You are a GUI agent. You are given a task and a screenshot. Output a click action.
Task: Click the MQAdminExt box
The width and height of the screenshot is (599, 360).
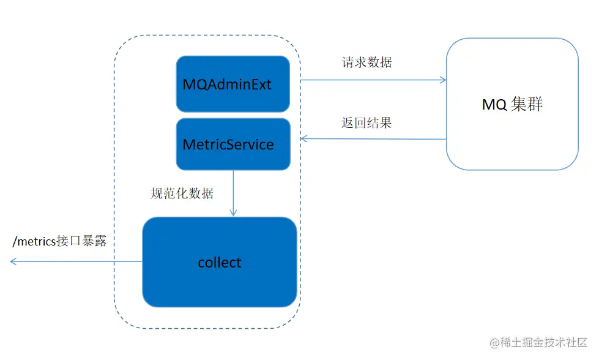[233, 84]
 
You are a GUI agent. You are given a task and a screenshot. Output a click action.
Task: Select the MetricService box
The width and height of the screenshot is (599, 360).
[233, 144]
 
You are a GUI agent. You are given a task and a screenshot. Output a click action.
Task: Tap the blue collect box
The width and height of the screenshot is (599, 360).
[220, 262]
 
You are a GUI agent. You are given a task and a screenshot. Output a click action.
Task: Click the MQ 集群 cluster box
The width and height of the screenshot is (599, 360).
[512, 104]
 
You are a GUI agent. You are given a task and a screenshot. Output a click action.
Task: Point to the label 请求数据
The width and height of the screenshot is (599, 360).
[366, 62]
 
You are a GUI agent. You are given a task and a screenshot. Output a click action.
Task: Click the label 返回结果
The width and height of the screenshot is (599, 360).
[366, 122]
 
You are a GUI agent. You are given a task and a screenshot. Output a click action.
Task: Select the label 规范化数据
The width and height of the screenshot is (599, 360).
[182, 193]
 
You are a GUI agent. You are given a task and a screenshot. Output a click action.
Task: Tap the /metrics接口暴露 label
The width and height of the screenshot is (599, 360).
[59, 241]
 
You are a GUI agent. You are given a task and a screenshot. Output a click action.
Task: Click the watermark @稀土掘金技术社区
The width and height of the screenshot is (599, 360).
[538, 342]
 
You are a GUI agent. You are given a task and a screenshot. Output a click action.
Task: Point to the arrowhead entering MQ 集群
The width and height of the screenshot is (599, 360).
[443, 80]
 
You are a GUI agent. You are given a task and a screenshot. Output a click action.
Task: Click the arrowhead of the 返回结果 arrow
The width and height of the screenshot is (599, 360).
[303, 139]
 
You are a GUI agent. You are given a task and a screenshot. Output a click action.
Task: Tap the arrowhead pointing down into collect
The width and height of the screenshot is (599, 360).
[233, 213]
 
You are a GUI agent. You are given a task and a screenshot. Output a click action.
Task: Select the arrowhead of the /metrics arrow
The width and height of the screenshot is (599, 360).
[13, 261]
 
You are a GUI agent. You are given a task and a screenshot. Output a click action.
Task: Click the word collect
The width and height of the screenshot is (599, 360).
[220, 263]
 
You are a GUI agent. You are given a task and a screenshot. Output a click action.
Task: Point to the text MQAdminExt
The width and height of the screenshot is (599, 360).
[227, 84]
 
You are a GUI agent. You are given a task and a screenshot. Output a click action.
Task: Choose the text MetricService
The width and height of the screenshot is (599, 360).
[228, 144]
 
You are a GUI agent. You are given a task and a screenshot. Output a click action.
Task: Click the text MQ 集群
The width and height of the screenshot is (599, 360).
[512, 104]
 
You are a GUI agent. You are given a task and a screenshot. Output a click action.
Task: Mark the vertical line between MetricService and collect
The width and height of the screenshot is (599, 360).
[233, 193]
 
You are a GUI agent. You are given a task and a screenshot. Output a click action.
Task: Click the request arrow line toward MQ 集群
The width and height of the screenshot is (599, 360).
[373, 80]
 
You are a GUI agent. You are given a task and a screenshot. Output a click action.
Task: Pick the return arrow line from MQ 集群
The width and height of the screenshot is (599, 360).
[373, 139]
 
